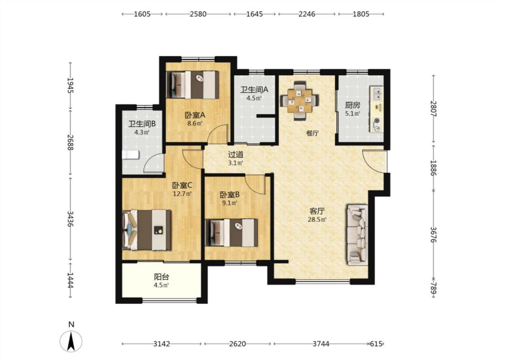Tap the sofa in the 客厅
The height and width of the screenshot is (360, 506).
[357, 235]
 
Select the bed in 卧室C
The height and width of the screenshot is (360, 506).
[147, 229]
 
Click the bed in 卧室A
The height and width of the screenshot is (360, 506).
[193, 85]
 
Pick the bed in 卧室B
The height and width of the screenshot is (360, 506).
[232, 233]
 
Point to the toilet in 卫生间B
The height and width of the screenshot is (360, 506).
[131, 155]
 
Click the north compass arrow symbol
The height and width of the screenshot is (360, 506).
[71, 341]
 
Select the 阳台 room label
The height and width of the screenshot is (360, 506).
[161, 277]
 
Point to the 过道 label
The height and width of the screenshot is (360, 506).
[236, 155]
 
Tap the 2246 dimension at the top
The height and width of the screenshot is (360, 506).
[307, 14]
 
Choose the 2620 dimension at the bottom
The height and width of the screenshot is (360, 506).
[237, 344]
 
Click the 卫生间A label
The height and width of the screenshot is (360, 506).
[254, 89]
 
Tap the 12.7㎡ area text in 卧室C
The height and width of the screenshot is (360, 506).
[182, 194]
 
